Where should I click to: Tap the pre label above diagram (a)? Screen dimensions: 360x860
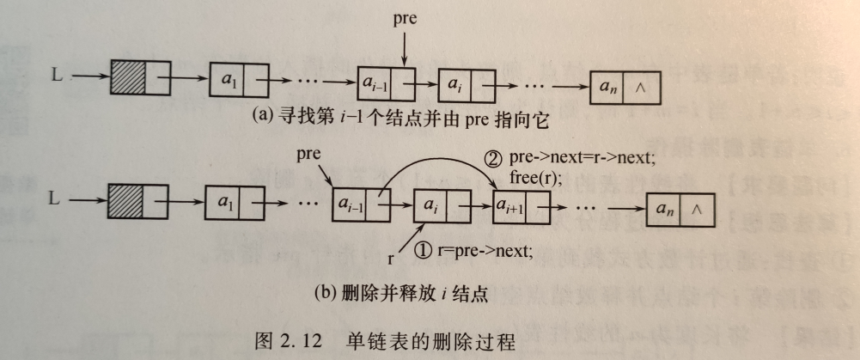point(404,18)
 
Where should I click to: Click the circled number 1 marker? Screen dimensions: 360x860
point(423,251)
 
